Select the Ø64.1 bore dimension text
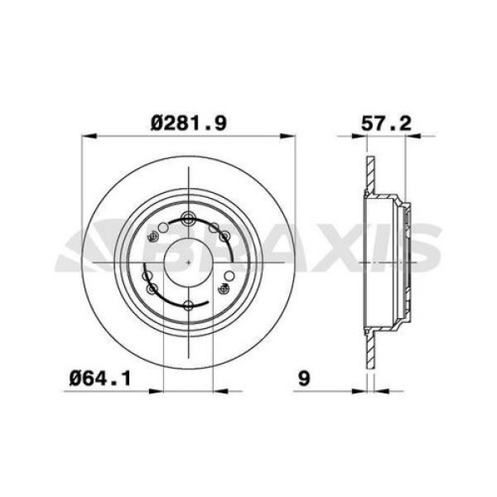(102, 378)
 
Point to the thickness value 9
(304, 378)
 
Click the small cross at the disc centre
(190, 261)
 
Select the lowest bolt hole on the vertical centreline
(190, 306)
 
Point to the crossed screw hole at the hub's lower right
(224, 288)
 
